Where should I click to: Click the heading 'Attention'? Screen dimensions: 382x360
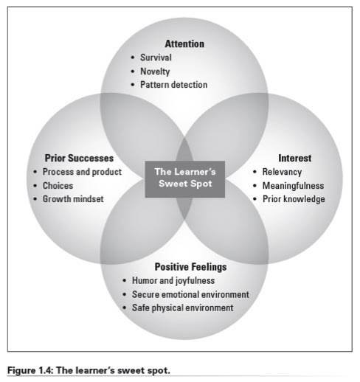[184, 44]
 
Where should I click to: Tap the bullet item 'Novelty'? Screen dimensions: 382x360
[156, 71]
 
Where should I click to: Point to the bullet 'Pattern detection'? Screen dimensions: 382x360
[173, 85]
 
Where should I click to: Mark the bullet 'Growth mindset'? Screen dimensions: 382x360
[72, 199]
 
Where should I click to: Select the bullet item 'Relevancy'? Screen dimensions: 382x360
[283, 172]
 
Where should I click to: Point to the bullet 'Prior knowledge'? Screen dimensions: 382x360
[294, 199]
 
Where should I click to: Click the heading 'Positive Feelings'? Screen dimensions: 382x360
[190, 267]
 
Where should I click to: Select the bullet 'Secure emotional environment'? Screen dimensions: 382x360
[190, 294]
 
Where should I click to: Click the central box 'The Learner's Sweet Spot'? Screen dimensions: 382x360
[183, 178]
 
